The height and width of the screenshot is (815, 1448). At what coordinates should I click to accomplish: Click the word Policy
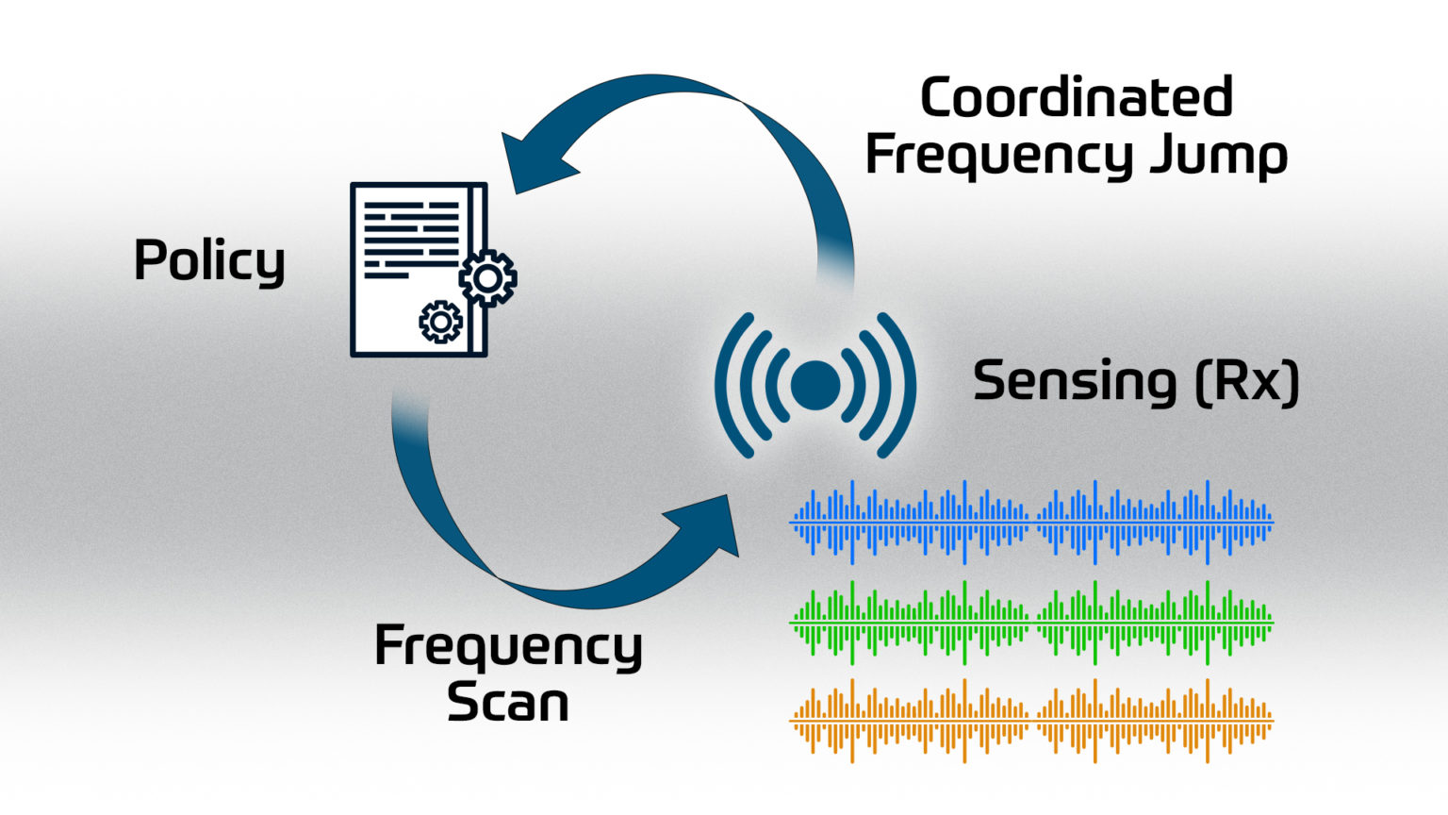coord(209,260)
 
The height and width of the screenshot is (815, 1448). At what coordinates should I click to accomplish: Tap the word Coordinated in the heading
coord(1076,98)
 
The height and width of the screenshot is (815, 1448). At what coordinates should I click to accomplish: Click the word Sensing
coord(1075,382)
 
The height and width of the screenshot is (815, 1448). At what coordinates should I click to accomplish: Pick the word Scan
coord(507,703)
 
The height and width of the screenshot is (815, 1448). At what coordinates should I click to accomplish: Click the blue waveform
coord(1031,521)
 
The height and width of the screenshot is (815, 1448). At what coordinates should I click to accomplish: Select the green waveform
coord(1031,623)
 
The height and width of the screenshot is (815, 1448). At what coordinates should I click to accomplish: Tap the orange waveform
coord(1031,720)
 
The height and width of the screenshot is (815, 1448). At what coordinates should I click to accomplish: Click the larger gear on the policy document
coord(487,278)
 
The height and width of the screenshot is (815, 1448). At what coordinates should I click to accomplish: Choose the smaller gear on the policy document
coord(440,323)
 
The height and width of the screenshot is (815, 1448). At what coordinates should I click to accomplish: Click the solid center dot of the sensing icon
coord(815,385)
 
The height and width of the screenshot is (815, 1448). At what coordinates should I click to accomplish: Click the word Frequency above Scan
coord(508,647)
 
